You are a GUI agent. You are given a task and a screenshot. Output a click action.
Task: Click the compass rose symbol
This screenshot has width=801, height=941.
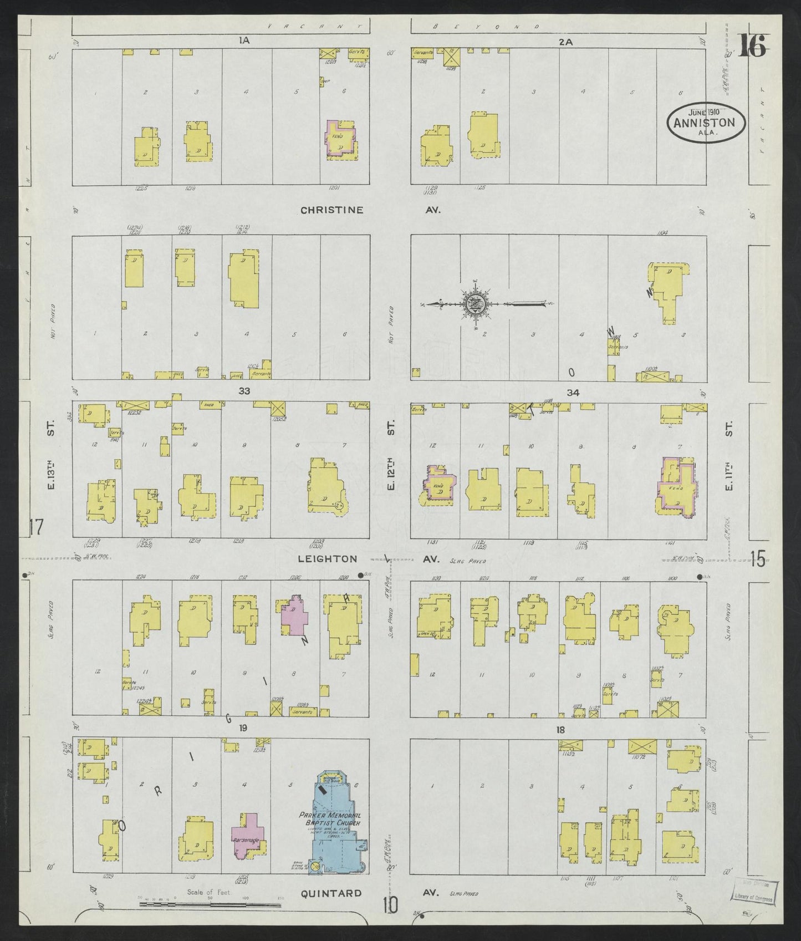(475, 304)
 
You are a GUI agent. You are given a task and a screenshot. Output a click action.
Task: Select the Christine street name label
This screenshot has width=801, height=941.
(332, 210)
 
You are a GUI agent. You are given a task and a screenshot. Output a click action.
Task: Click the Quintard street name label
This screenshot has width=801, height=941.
(331, 893)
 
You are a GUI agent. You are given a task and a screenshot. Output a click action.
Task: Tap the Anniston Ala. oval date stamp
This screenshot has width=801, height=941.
(705, 122)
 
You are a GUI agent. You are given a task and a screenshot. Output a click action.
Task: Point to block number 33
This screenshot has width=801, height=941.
(244, 391)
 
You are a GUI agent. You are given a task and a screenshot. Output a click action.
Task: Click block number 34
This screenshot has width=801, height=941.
(573, 393)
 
